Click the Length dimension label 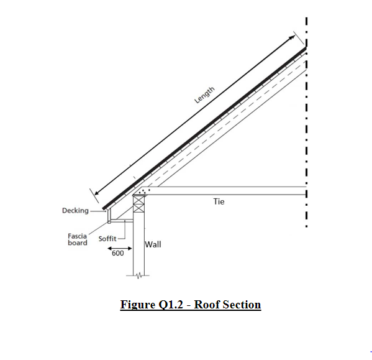point(204,95)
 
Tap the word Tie point(219,201)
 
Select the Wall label point(153,244)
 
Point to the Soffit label point(107,239)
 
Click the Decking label point(75,211)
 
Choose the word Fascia point(78,236)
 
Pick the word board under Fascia point(78,242)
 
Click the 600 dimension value point(117,254)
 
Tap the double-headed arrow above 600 point(120,249)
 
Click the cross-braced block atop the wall point(138,204)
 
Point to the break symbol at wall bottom point(139,275)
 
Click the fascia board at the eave point(109,216)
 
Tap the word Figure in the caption point(138,305)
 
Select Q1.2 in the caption point(171,305)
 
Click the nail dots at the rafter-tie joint point(144,192)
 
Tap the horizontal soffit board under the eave point(122,221)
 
